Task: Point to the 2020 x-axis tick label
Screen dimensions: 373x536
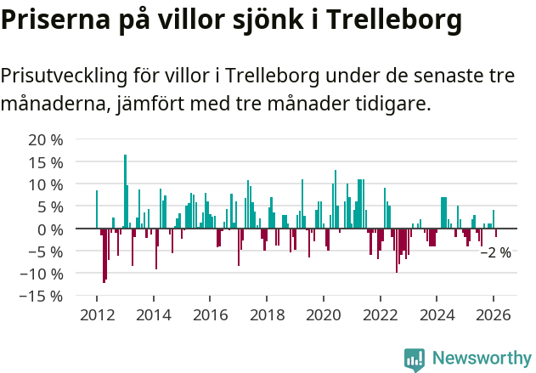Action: point(324,314)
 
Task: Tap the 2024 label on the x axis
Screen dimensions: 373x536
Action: point(437,314)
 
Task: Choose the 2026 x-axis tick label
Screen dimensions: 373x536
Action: point(494,314)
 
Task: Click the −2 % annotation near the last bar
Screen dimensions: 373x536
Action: point(495,252)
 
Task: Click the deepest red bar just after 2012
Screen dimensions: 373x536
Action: point(104,255)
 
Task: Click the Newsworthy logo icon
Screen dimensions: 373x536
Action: point(415,359)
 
